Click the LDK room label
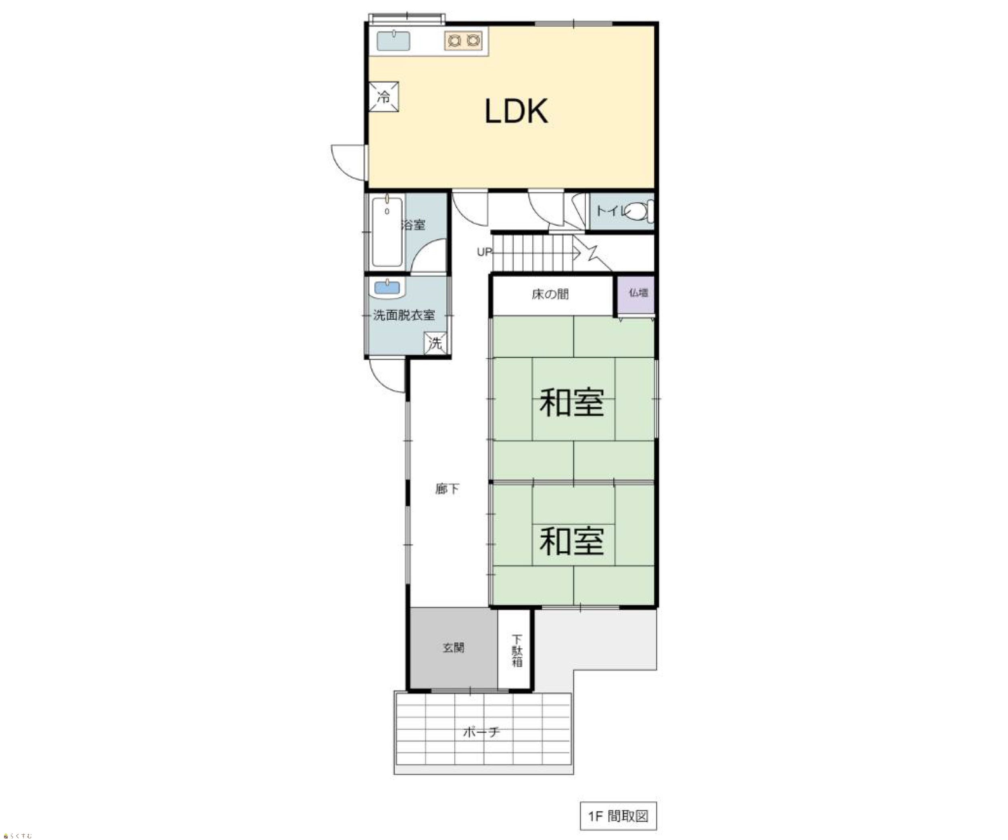tap(516, 111)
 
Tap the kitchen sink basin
tap(393, 40)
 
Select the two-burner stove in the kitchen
tap(463, 40)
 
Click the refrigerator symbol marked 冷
tap(383, 96)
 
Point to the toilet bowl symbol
tap(639, 212)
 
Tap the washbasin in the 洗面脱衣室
tap(387, 288)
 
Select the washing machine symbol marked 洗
tap(435, 343)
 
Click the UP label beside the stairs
tap(484, 252)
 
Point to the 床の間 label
tap(550, 294)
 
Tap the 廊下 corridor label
tap(448, 489)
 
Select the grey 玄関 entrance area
tap(453, 648)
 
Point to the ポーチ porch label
tap(481, 732)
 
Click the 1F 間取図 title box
tap(618, 815)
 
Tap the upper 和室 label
tap(571, 402)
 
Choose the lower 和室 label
tap(571, 541)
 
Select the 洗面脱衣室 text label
tap(404, 315)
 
